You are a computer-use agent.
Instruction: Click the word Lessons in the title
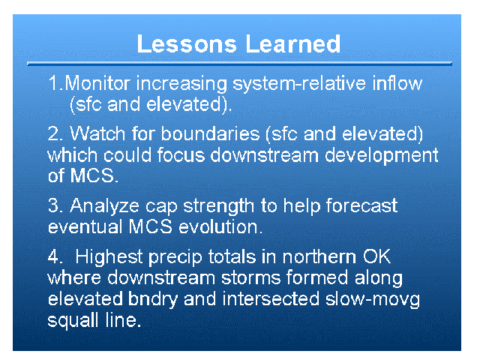pyautogui.click(x=187, y=43)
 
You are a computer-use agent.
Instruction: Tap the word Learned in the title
pyautogui.click(x=293, y=43)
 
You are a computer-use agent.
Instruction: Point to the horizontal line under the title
pyautogui.click(x=239, y=64)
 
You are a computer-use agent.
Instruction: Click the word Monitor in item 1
pyautogui.click(x=97, y=83)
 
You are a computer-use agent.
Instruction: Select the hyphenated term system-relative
pyautogui.click(x=299, y=83)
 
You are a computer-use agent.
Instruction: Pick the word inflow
pyautogui.click(x=397, y=83)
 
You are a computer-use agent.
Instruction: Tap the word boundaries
pyautogui.click(x=210, y=133)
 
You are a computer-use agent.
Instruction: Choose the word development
pyautogui.click(x=382, y=156)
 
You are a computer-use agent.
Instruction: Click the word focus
pyautogui.click(x=181, y=155)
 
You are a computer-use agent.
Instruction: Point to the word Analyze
pyautogui.click(x=105, y=206)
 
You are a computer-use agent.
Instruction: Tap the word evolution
pyautogui.click(x=220, y=226)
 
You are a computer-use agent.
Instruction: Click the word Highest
pyautogui.click(x=109, y=256)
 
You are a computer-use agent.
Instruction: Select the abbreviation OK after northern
pyautogui.click(x=376, y=256)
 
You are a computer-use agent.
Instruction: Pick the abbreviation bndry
pyautogui.click(x=153, y=299)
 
